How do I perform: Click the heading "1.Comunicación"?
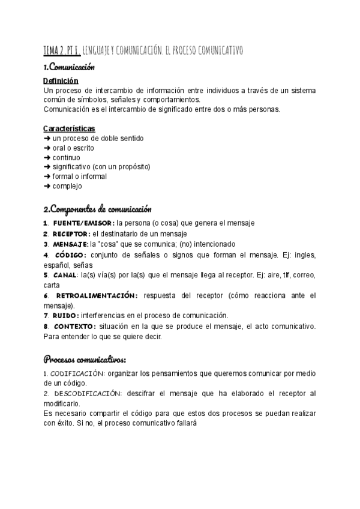pos(69,67)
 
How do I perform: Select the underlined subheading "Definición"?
pos(61,80)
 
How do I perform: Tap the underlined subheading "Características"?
pos(69,128)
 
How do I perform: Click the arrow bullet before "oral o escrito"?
pos(47,148)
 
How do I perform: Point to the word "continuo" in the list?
pos(66,157)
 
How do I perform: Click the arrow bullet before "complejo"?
pos(47,186)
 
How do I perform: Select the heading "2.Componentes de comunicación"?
pos(97,209)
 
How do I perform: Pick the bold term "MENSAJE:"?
pos(70,244)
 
